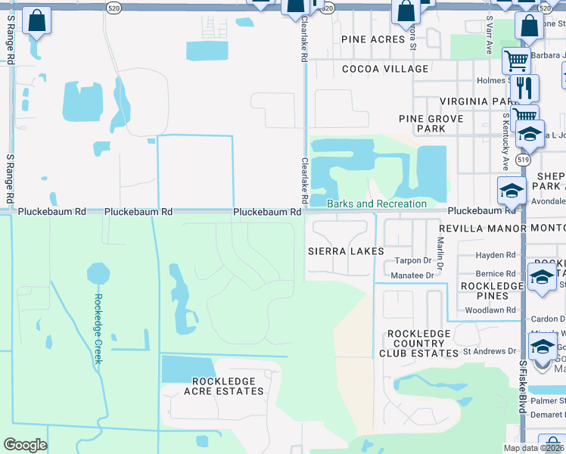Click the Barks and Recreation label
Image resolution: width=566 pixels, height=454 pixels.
point(377,204)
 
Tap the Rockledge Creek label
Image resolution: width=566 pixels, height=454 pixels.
point(98,328)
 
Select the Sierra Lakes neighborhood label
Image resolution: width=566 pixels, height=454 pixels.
point(346,250)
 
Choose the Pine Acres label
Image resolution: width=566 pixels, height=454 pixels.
point(374,39)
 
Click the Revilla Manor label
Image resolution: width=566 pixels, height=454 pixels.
point(482,228)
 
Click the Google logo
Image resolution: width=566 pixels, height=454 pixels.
point(25,444)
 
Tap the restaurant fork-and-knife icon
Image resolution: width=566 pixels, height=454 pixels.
point(524,88)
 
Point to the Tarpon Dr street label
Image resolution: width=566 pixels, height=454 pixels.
point(412,260)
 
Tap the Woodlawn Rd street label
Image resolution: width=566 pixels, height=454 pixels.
point(490,310)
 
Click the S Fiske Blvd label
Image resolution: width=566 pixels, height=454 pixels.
point(523,386)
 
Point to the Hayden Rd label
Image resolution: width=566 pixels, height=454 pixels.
point(496,255)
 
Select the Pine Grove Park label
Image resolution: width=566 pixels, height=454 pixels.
point(421,123)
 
